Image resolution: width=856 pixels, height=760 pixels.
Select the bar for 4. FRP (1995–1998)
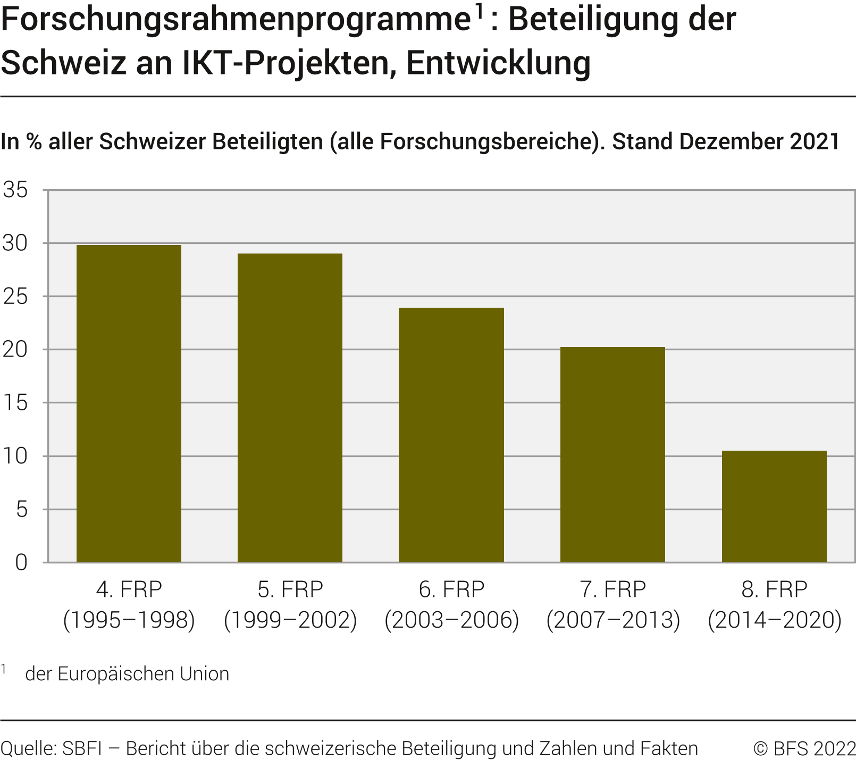[129, 404]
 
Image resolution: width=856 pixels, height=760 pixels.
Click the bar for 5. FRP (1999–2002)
[290, 408]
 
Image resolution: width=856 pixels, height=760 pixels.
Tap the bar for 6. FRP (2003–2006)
[451, 435]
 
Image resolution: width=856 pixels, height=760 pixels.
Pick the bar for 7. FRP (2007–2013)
[612, 455]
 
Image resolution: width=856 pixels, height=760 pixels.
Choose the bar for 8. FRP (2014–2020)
[774, 506]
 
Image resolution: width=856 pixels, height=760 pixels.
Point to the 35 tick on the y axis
[15, 190]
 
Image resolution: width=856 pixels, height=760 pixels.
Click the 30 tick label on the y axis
[15, 243]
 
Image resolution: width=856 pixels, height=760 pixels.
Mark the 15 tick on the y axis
[15, 403]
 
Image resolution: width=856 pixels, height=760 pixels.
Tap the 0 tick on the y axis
[21, 562]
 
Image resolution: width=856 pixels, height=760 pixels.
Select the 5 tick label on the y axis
[21, 510]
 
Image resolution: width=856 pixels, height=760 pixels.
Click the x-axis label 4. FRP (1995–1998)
[129, 605]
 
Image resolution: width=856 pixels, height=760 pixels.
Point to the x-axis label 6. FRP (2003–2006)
[451, 605]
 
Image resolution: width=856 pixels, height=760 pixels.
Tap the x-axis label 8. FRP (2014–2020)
[774, 605]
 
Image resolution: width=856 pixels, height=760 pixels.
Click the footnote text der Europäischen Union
[127, 674]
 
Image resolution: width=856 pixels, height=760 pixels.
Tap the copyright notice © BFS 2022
[804, 748]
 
